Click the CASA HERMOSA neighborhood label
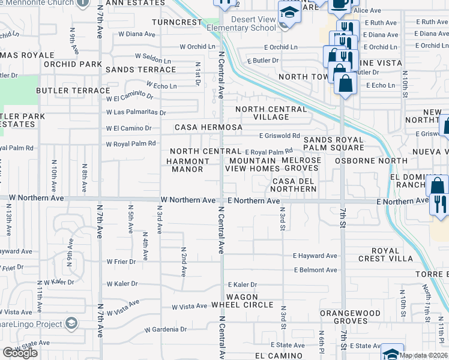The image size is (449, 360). (x=208, y=128)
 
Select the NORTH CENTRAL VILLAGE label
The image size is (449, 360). (x=271, y=113)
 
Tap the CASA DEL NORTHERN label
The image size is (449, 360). (x=294, y=185)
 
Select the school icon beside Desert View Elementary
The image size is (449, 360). (x=288, y=11)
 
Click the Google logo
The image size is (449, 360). (x=20, y=353)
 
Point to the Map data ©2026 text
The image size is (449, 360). (x=423, y=355)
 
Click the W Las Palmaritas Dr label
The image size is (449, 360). (x=136, y=112)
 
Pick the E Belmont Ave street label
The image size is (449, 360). (x=315, y=270)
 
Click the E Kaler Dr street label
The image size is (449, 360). (x=243, y=284)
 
